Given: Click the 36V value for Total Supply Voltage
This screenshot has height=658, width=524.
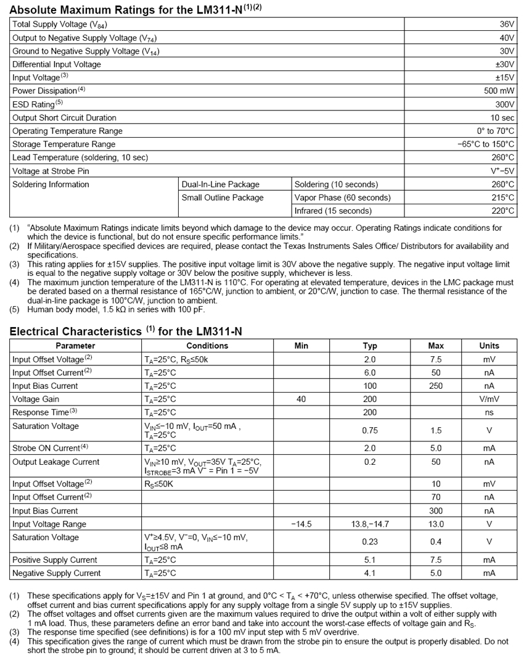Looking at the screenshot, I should (x=507, y=24).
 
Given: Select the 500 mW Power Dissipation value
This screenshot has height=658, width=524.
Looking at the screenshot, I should (x=499, y=91).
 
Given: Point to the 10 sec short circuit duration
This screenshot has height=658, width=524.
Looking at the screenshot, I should (x=502, y=118).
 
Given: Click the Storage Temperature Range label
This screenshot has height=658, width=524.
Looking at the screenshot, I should (x=63, y=144).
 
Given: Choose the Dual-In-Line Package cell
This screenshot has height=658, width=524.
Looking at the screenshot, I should (x=220, y=185).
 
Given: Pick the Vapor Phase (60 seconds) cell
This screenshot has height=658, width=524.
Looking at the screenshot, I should (x=342, y=198).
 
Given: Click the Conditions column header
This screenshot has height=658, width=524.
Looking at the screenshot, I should (x=207, y=346).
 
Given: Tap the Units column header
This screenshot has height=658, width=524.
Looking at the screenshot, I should (x=489, y=346).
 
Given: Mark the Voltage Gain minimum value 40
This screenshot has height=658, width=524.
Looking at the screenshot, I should (x=301, y=399).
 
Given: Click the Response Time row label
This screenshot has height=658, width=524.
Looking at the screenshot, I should (x=44, y=412).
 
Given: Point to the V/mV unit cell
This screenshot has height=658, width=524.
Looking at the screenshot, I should (x=489, y=399).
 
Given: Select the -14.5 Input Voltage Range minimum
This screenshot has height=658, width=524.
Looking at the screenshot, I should (x=301, y=524).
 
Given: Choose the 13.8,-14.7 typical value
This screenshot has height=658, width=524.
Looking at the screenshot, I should (x=370, y=524).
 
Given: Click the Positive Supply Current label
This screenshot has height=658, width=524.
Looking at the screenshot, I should (x=54, y=560).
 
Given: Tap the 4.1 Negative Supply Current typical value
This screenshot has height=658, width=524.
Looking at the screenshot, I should (x=370, y=573).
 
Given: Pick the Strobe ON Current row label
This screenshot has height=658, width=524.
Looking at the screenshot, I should (x=50, y=448).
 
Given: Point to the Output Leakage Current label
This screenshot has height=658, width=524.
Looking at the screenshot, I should (x=55, y=462).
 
